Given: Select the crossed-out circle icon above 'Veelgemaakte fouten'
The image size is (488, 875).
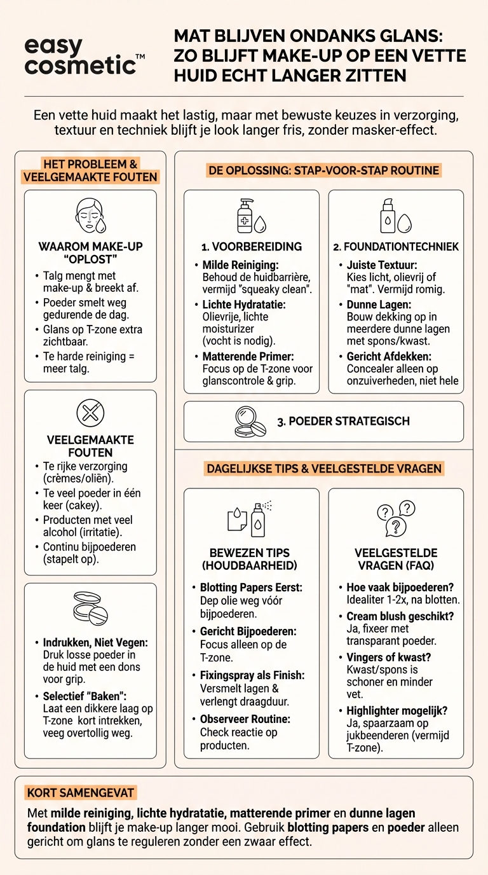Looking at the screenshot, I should [90, 413].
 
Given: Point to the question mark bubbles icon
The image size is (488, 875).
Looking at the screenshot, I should [396, 518].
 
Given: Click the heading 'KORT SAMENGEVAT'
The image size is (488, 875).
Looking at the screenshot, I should [81, 793].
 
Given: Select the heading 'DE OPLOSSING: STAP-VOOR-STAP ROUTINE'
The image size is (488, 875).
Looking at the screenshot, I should [324, 170].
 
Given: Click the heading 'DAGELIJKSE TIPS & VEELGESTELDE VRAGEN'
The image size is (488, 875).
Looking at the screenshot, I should [324, 469].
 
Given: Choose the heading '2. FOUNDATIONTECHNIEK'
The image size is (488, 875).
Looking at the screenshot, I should [396, 247].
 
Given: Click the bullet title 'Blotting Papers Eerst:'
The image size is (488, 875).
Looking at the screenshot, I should [251, 588].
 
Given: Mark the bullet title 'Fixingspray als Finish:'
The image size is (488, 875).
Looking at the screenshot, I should [252, 675].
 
